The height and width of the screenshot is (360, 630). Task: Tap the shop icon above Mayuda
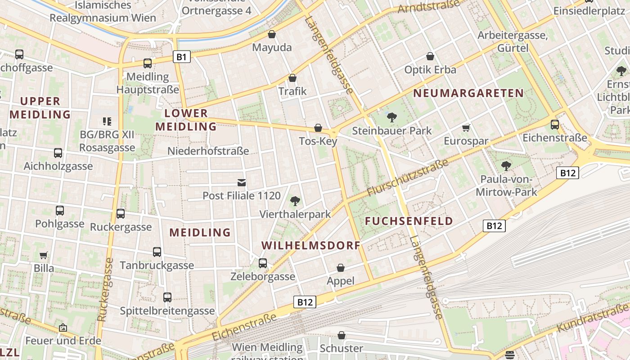pyautogui.click(x=272, y=34)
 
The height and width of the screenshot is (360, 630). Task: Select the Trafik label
pyautogui.click(x=292, y=91)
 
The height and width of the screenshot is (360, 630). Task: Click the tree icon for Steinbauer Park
pyautogui.click(x=392, y=117)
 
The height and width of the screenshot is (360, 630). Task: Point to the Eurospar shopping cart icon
pyautogui.click(x=466, y=128)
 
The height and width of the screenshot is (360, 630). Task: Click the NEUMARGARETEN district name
pyautogui.click(x=468, y=93)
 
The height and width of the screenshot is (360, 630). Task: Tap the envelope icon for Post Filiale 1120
pyautogui.click(x=242, y=182)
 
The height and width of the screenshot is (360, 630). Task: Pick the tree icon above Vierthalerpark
pyautogui.click(x=295, y=201)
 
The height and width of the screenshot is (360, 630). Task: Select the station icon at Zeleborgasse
pyautogui.click(x=263, y=263)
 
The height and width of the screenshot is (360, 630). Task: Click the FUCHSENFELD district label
pyautogui.click(x=409, y=221)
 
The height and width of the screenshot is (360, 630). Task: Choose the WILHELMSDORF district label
pyautogui.click(x=311, y=246)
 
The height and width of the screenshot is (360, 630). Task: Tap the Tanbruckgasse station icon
pyautogui.click(x=157, y=252)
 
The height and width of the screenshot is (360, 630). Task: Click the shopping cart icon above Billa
pyautogui.click(x=44, y=255)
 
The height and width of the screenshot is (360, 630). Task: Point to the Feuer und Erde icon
pyautogui.click(x=63, y=328)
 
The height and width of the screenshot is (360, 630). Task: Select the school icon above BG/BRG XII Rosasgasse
pyautogui.click(x=107, y=121)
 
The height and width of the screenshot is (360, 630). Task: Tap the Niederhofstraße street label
pyautogui.click(x=208, y=151)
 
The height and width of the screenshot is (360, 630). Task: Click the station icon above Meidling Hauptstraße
pyautogui.click(x=148, y=63)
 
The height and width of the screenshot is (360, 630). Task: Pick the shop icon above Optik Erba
pyautogui.click(x=430, y=56)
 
